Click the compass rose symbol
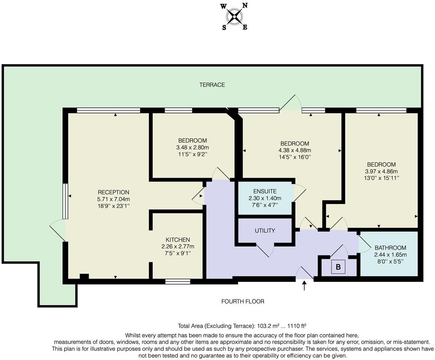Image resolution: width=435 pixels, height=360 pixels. pyautogui.click(x=235, y=16)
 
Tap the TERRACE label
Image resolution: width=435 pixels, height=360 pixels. pyautogui.click(x=212, y=85)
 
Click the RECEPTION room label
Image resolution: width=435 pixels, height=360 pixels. pyautogui.click(x=113, y=192)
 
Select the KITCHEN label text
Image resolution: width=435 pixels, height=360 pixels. pyautogui.click(x=178, y=240)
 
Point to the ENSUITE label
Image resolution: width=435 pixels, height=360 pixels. pyautogui.click(x=265, y=191)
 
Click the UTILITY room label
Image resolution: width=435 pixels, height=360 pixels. pyautogui.click(x=265, y=231)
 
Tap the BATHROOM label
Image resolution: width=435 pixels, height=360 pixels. pyautogui.click(x=390, y=247)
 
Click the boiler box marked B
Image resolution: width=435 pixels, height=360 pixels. pyautogui.click(x=338, y=267)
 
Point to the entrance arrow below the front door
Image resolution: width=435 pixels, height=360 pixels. pyautogui.click(x=304, y=286)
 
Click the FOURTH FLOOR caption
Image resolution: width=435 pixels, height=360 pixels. pyautogui.click(x=243, y=301)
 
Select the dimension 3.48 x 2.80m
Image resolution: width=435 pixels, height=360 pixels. pyautogui.click(x=192, y=147)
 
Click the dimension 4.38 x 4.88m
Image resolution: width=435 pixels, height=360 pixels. pyautogui.click(x=295, y=150)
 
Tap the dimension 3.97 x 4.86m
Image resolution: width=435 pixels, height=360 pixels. pyautogui.click(x=381, y=171)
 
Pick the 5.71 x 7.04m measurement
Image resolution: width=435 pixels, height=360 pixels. pyautogui.click(x=113, y=199)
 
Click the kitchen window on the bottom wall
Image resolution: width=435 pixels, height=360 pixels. pyautogui.click(x=178, y=281)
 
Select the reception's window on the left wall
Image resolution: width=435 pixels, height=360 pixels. pyautogui.click(x=65, y=201)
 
